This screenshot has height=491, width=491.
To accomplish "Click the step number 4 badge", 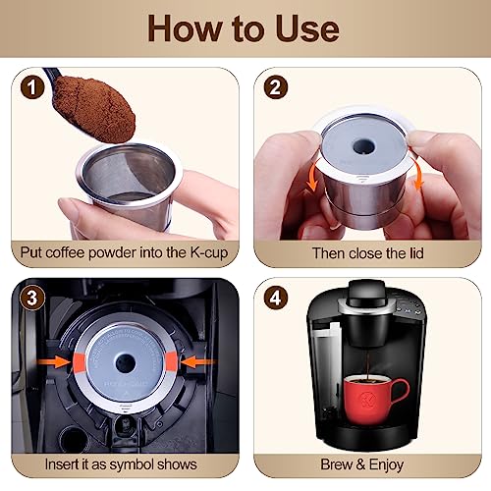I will coord(276,298).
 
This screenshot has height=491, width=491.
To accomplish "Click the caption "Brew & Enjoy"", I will coord(365,464).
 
